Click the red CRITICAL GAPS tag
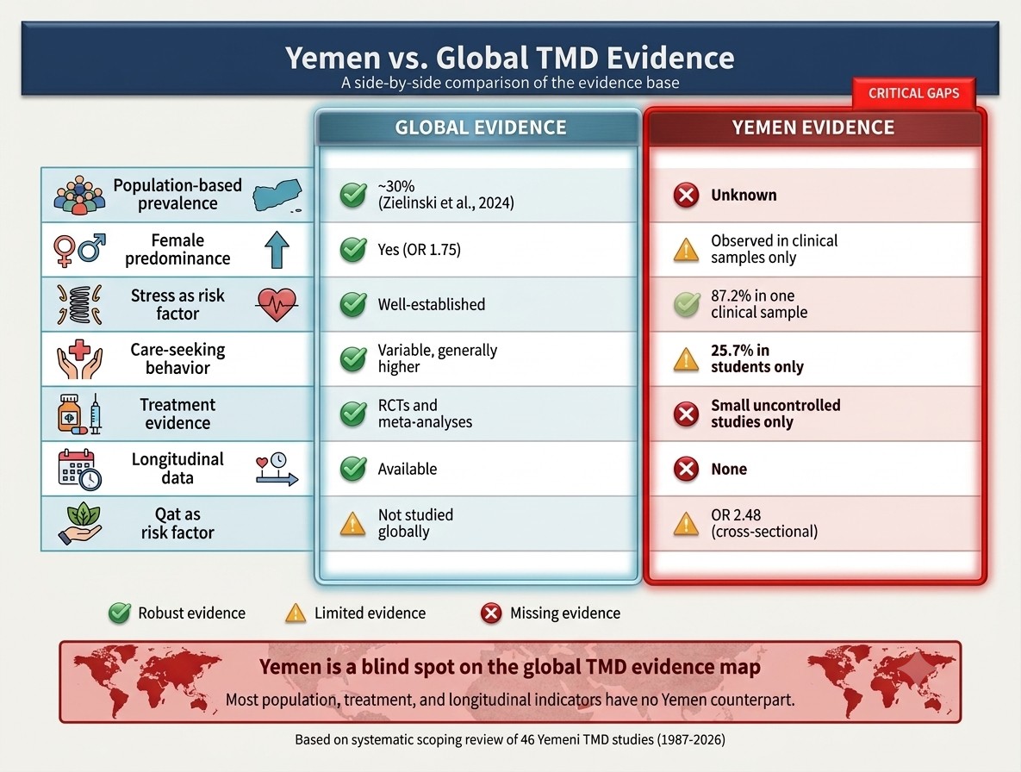tap(913, 93)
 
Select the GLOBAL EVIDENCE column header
tap(481, 128)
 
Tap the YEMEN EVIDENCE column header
tap(813, 128)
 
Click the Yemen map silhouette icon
tap(277, 196)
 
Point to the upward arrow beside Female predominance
tap(277, 250)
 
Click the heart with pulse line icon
tap(277, 305)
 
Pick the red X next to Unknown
tap(686, 196)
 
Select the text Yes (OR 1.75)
tap(420, 250)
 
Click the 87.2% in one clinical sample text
tap(759, 304)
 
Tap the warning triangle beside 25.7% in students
tap(686, 359)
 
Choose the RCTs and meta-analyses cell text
tap(425, 414)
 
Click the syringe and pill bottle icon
tap(80, 414)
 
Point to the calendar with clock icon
tap(79, 470)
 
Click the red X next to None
tap(686, 469)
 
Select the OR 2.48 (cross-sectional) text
tap(764, 523)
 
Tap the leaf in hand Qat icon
tap(79, 524)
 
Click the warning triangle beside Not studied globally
tap(352, 524)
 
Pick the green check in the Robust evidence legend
tap(119, 613)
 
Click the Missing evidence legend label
tap(565, 613)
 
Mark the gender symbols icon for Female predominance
tap(79, 250)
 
